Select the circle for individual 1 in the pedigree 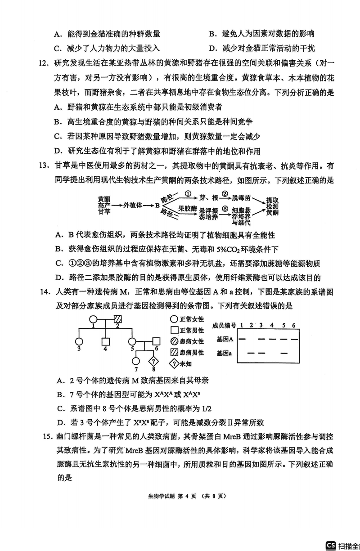coord(93,320)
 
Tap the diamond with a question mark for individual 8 coord(154,362)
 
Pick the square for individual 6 coord(156,342)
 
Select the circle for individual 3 coord(80,342)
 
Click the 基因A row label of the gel coord(225,339)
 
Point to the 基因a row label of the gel coord(225,353)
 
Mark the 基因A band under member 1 coord(242,339)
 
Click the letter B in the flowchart coord(157,205)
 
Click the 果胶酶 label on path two coord(188,209)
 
